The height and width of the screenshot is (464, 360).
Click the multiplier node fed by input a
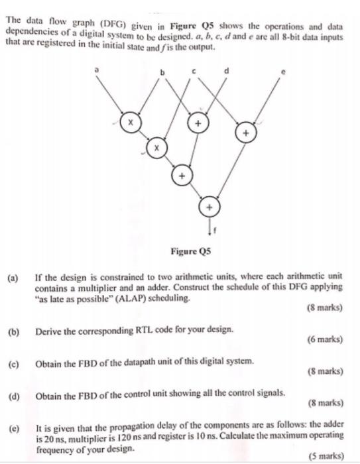click(x=130, y=123)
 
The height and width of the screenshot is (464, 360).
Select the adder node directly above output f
click(x=210, y=207)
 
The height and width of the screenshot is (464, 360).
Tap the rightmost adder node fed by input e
click(x=246, y=134)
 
